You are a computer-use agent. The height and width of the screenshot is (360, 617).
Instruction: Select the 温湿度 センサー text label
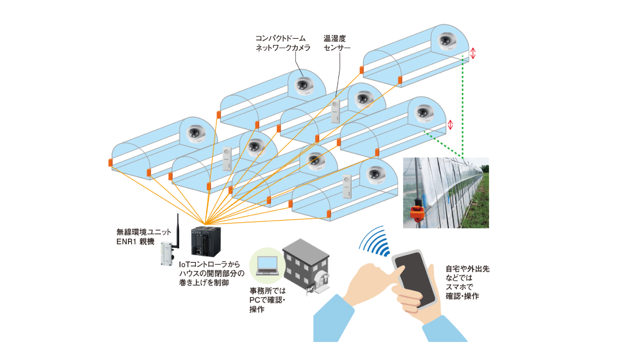tap(337, 43)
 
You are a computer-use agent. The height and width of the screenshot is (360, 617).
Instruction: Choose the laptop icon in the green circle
tap(267, 265)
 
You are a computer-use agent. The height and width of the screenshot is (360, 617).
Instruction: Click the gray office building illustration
tap(307, 267)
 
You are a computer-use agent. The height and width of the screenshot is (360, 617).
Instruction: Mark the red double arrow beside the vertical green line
tap(474, 53)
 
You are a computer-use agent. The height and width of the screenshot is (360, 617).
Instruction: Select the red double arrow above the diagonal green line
tap(450, 124)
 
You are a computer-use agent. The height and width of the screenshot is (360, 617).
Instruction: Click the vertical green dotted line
tap(463, 108)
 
